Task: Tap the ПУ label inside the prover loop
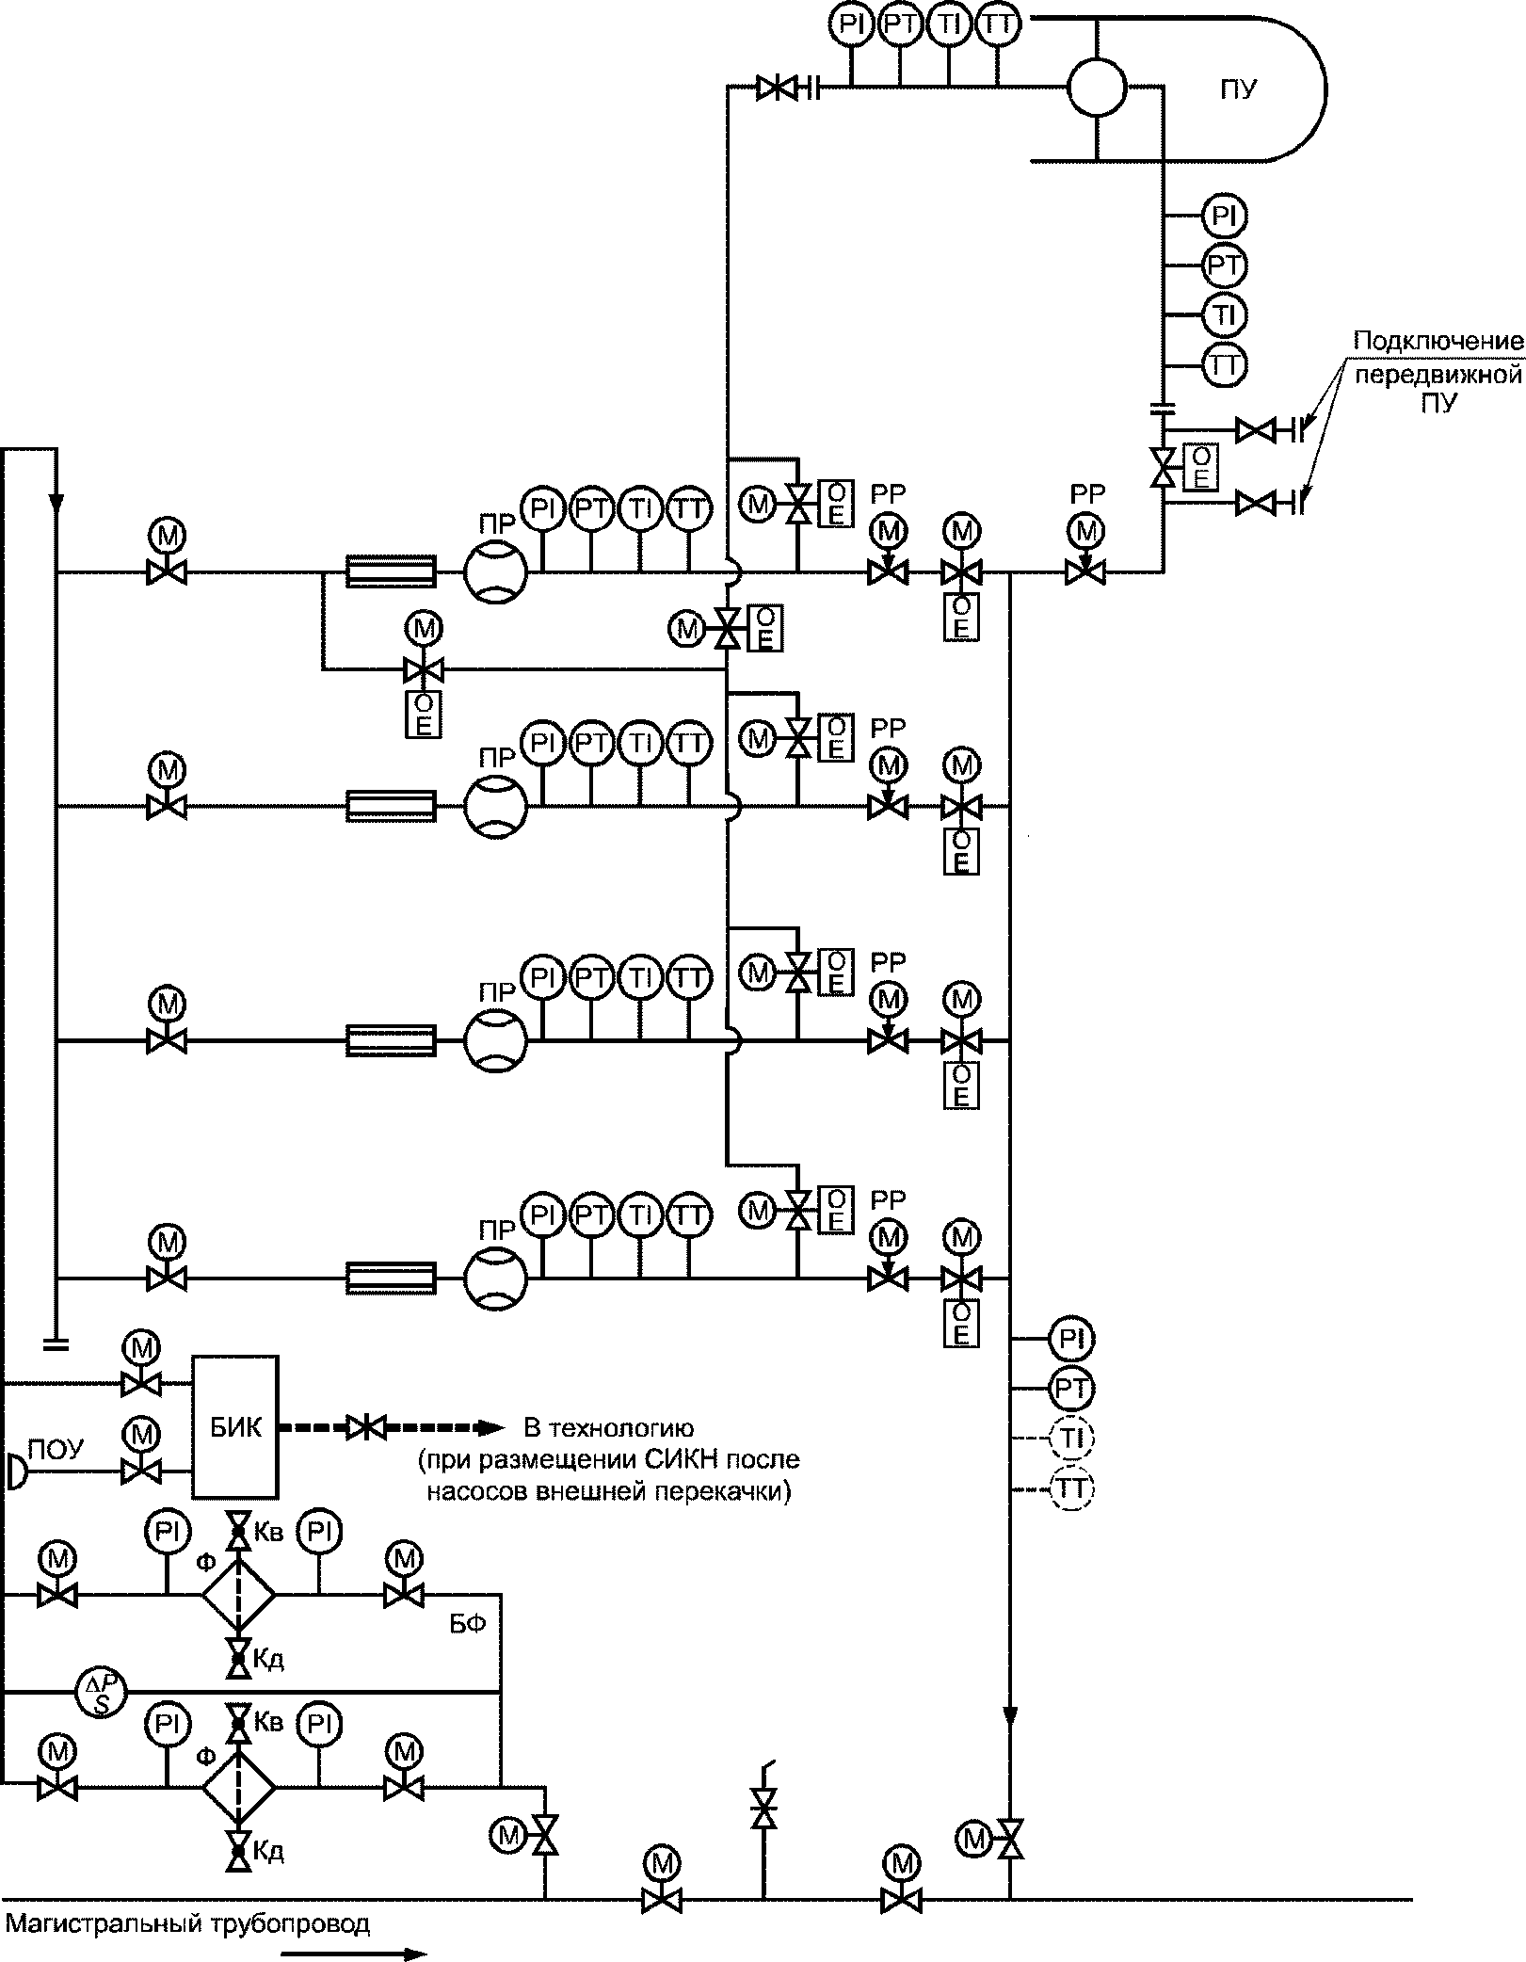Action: (x=1238, y=90)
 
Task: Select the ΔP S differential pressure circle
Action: (x=100, y=1695)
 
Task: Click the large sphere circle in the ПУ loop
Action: (x=1097, y=88)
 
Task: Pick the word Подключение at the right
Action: (x=1438, y=340)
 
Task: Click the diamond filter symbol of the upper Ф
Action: (x=238, y=1596)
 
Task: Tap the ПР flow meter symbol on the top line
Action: (x=495, y=571)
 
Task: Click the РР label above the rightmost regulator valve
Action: (x=1087, y=492)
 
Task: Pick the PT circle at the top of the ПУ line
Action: (x=901, y=26)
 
